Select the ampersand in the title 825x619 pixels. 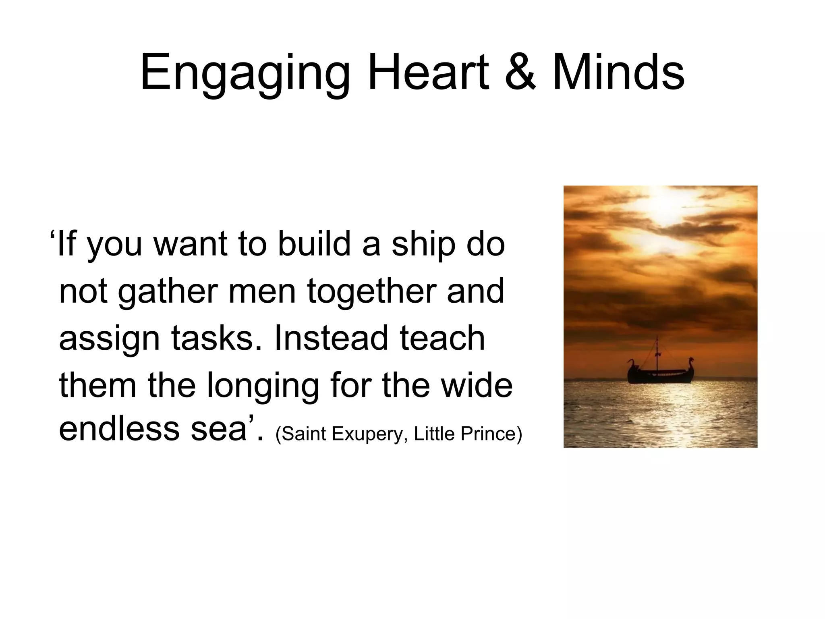coord(520,73)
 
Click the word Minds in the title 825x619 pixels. coord(618,73)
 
